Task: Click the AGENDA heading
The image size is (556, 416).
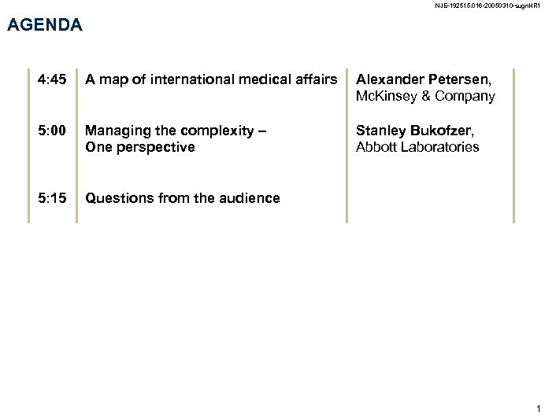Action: pos(44,25)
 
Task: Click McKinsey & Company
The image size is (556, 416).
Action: pos(425,96)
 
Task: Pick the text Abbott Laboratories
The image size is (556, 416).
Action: pos(417,147)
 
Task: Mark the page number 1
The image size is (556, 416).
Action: pos(538,407)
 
